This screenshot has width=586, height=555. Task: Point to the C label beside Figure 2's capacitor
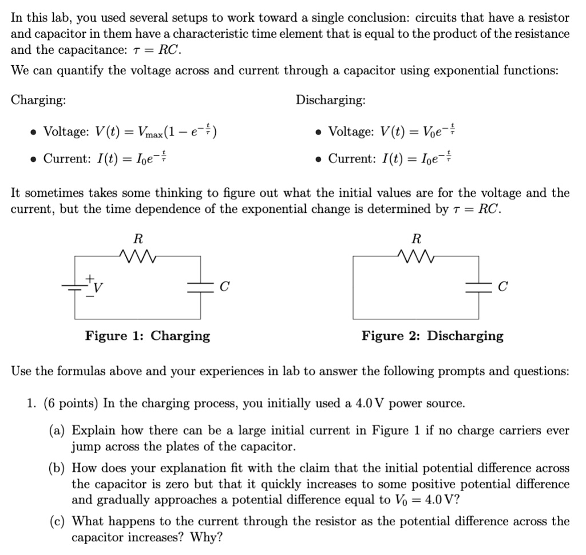(502, 287)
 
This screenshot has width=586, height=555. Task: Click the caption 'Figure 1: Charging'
(148, 336)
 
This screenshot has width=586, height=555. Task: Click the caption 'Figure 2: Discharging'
(432, 336)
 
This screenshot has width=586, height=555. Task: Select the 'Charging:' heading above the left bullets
(38, 100)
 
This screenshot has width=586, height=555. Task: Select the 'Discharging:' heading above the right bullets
(331, 100)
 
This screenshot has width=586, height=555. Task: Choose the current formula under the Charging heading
(105, 158)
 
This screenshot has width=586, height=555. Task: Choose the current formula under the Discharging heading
(390, 158)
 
